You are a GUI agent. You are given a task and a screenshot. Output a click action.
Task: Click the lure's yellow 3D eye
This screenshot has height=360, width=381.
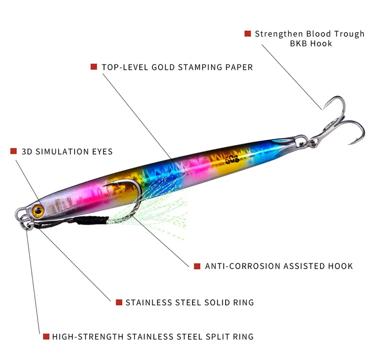(38, 211)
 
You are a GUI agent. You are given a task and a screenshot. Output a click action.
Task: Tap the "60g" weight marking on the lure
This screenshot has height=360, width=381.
(232, 159)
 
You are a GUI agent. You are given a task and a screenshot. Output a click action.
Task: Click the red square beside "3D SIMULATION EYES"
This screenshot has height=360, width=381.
(13, 151)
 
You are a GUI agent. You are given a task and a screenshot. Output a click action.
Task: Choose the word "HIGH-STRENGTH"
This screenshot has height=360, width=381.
(88, 337)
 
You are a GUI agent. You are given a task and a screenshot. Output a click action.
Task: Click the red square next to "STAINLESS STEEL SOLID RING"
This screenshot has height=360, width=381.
(119, 302)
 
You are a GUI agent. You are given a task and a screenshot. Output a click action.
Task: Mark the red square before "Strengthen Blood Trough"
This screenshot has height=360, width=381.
(248, 34)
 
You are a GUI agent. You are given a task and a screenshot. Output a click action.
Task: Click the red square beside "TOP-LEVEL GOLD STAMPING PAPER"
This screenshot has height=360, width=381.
(94, 67)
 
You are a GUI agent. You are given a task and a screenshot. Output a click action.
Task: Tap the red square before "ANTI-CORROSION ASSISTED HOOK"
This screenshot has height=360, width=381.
(197, 266)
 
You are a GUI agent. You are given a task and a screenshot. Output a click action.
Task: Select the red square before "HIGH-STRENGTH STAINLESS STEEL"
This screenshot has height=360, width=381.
(46, 337)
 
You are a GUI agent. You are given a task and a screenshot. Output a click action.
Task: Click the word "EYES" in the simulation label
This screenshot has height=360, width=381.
(102, 152)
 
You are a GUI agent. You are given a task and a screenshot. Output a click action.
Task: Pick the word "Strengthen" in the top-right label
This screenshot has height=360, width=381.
(279, 34)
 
